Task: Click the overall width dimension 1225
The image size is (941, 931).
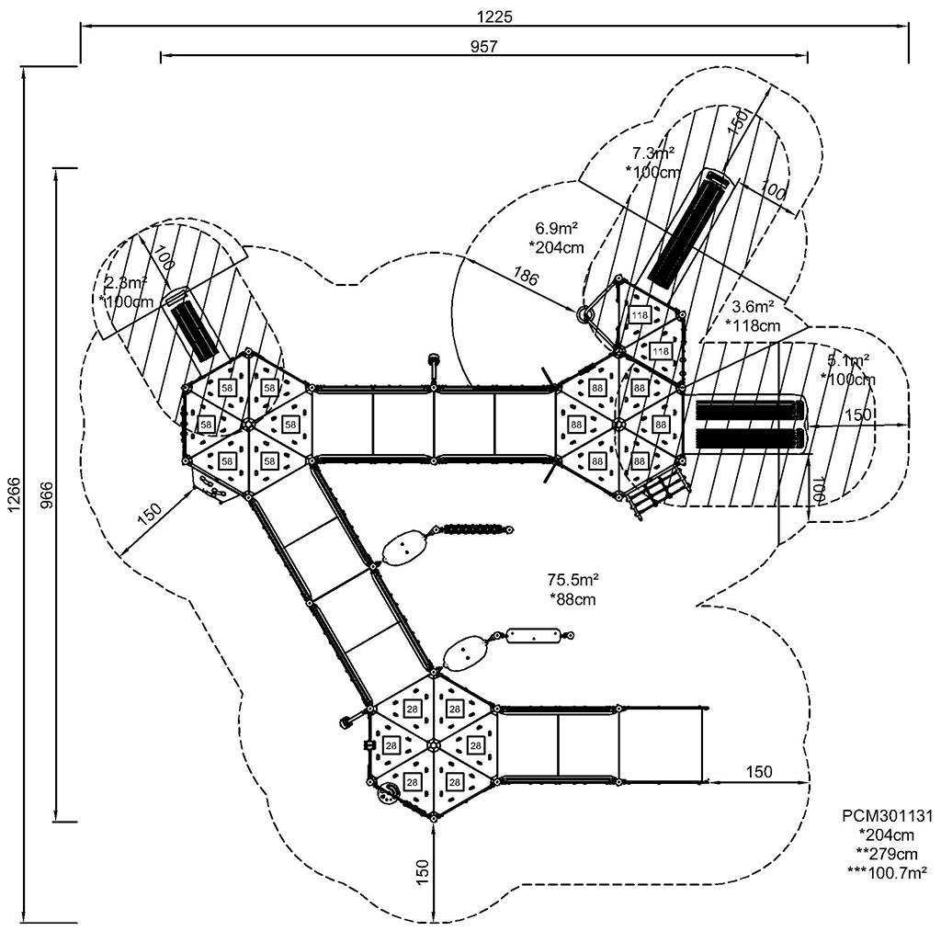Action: coord(494,16)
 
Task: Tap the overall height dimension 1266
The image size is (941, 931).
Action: coord(13,494)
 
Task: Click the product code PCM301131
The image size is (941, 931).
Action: coord(887,815)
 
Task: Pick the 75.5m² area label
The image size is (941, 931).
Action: coord(573,580)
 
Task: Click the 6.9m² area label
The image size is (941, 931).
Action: coord(557,227)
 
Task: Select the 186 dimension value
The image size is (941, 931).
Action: coord(527,277)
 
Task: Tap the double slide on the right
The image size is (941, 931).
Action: coord(750,425)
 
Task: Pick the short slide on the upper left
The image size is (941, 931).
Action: coord(194,326)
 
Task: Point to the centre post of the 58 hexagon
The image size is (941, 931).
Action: coord(248,424)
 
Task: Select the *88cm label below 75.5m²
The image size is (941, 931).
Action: coord(573,599)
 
